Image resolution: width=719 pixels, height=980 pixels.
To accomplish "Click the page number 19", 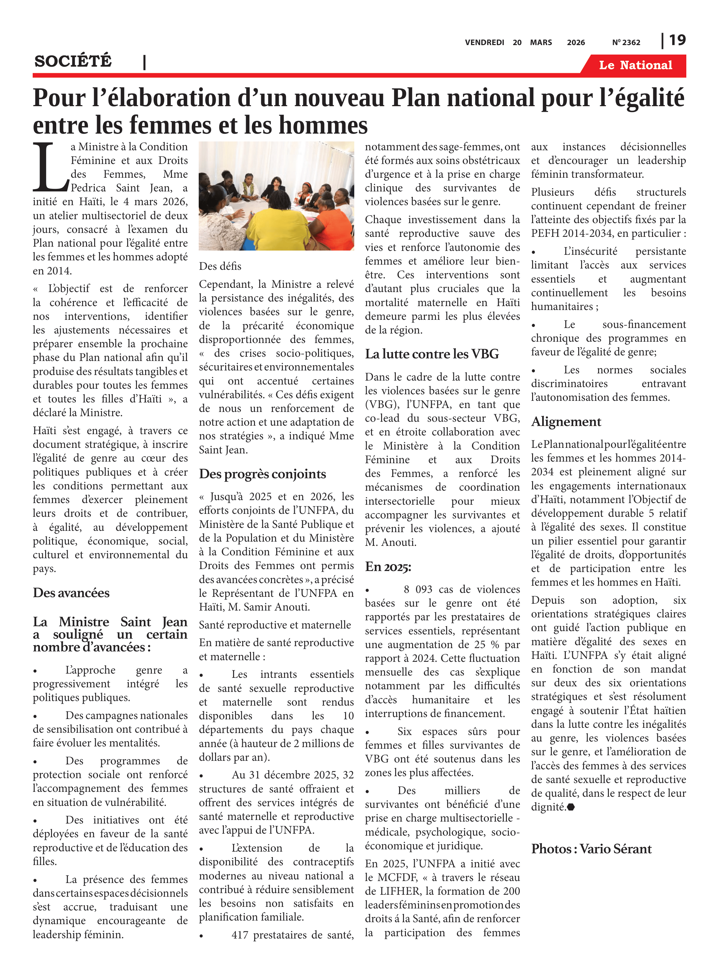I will click(677, 40).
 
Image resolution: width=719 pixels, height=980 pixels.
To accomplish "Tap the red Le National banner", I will click(635, 65).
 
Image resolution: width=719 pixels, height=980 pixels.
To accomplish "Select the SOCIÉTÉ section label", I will click(73, 61).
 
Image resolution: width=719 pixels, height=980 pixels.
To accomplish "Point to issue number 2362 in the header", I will click(631, 42).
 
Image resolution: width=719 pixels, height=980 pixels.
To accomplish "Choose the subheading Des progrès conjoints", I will click(262, 474).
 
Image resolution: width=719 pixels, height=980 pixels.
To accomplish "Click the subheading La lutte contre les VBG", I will click(432, 354).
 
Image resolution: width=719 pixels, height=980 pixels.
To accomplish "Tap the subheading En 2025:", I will click(388, 567).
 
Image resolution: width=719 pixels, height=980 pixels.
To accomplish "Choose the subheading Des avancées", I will click(71, 593).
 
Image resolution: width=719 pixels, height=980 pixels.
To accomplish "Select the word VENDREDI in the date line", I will click(484, 42).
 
